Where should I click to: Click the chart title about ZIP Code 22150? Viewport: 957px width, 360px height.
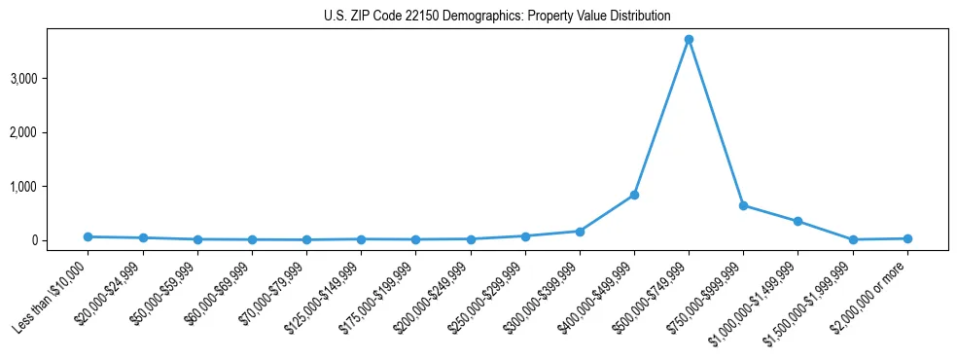(497, 16)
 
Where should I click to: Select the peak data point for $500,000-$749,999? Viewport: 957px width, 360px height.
(689, 40)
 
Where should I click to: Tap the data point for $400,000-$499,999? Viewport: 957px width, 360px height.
(634, 195)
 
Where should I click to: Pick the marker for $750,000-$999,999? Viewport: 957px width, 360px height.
(743, 205)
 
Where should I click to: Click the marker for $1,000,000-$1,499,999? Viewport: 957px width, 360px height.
(797, 221)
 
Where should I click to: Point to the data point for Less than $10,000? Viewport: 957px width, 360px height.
(89, 236)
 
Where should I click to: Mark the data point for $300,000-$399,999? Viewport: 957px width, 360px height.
(580, 232)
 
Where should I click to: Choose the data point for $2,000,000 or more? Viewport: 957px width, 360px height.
(907, 238)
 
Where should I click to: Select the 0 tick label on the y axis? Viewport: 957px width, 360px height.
(60, 240)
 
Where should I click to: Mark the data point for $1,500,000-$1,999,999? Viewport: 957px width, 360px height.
(853, 239)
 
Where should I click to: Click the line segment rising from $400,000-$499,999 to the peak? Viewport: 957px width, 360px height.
(661, 117)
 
